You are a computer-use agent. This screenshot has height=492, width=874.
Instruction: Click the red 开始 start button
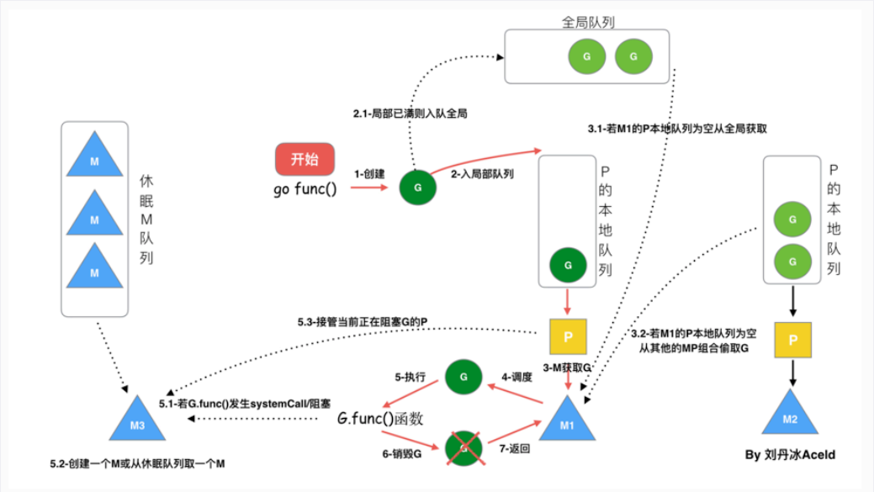(x=305, y=160)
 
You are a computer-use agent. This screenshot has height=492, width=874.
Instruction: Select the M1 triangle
(x=568, y=421)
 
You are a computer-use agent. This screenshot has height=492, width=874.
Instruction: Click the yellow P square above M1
(x=568, y=337)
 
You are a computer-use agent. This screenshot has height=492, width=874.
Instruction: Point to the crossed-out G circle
(x=461, y=447)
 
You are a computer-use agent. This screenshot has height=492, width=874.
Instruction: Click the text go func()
(x=305, y=188)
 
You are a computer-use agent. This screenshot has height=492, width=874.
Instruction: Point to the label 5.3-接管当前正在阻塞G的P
(x=365, y=323)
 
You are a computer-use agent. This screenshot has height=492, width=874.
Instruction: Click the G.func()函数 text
(x=380, y=418)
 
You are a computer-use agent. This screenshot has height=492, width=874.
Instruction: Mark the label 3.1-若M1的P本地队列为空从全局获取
(x=677, y=130)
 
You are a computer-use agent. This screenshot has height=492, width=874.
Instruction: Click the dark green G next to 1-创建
(x=418, y=187)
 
